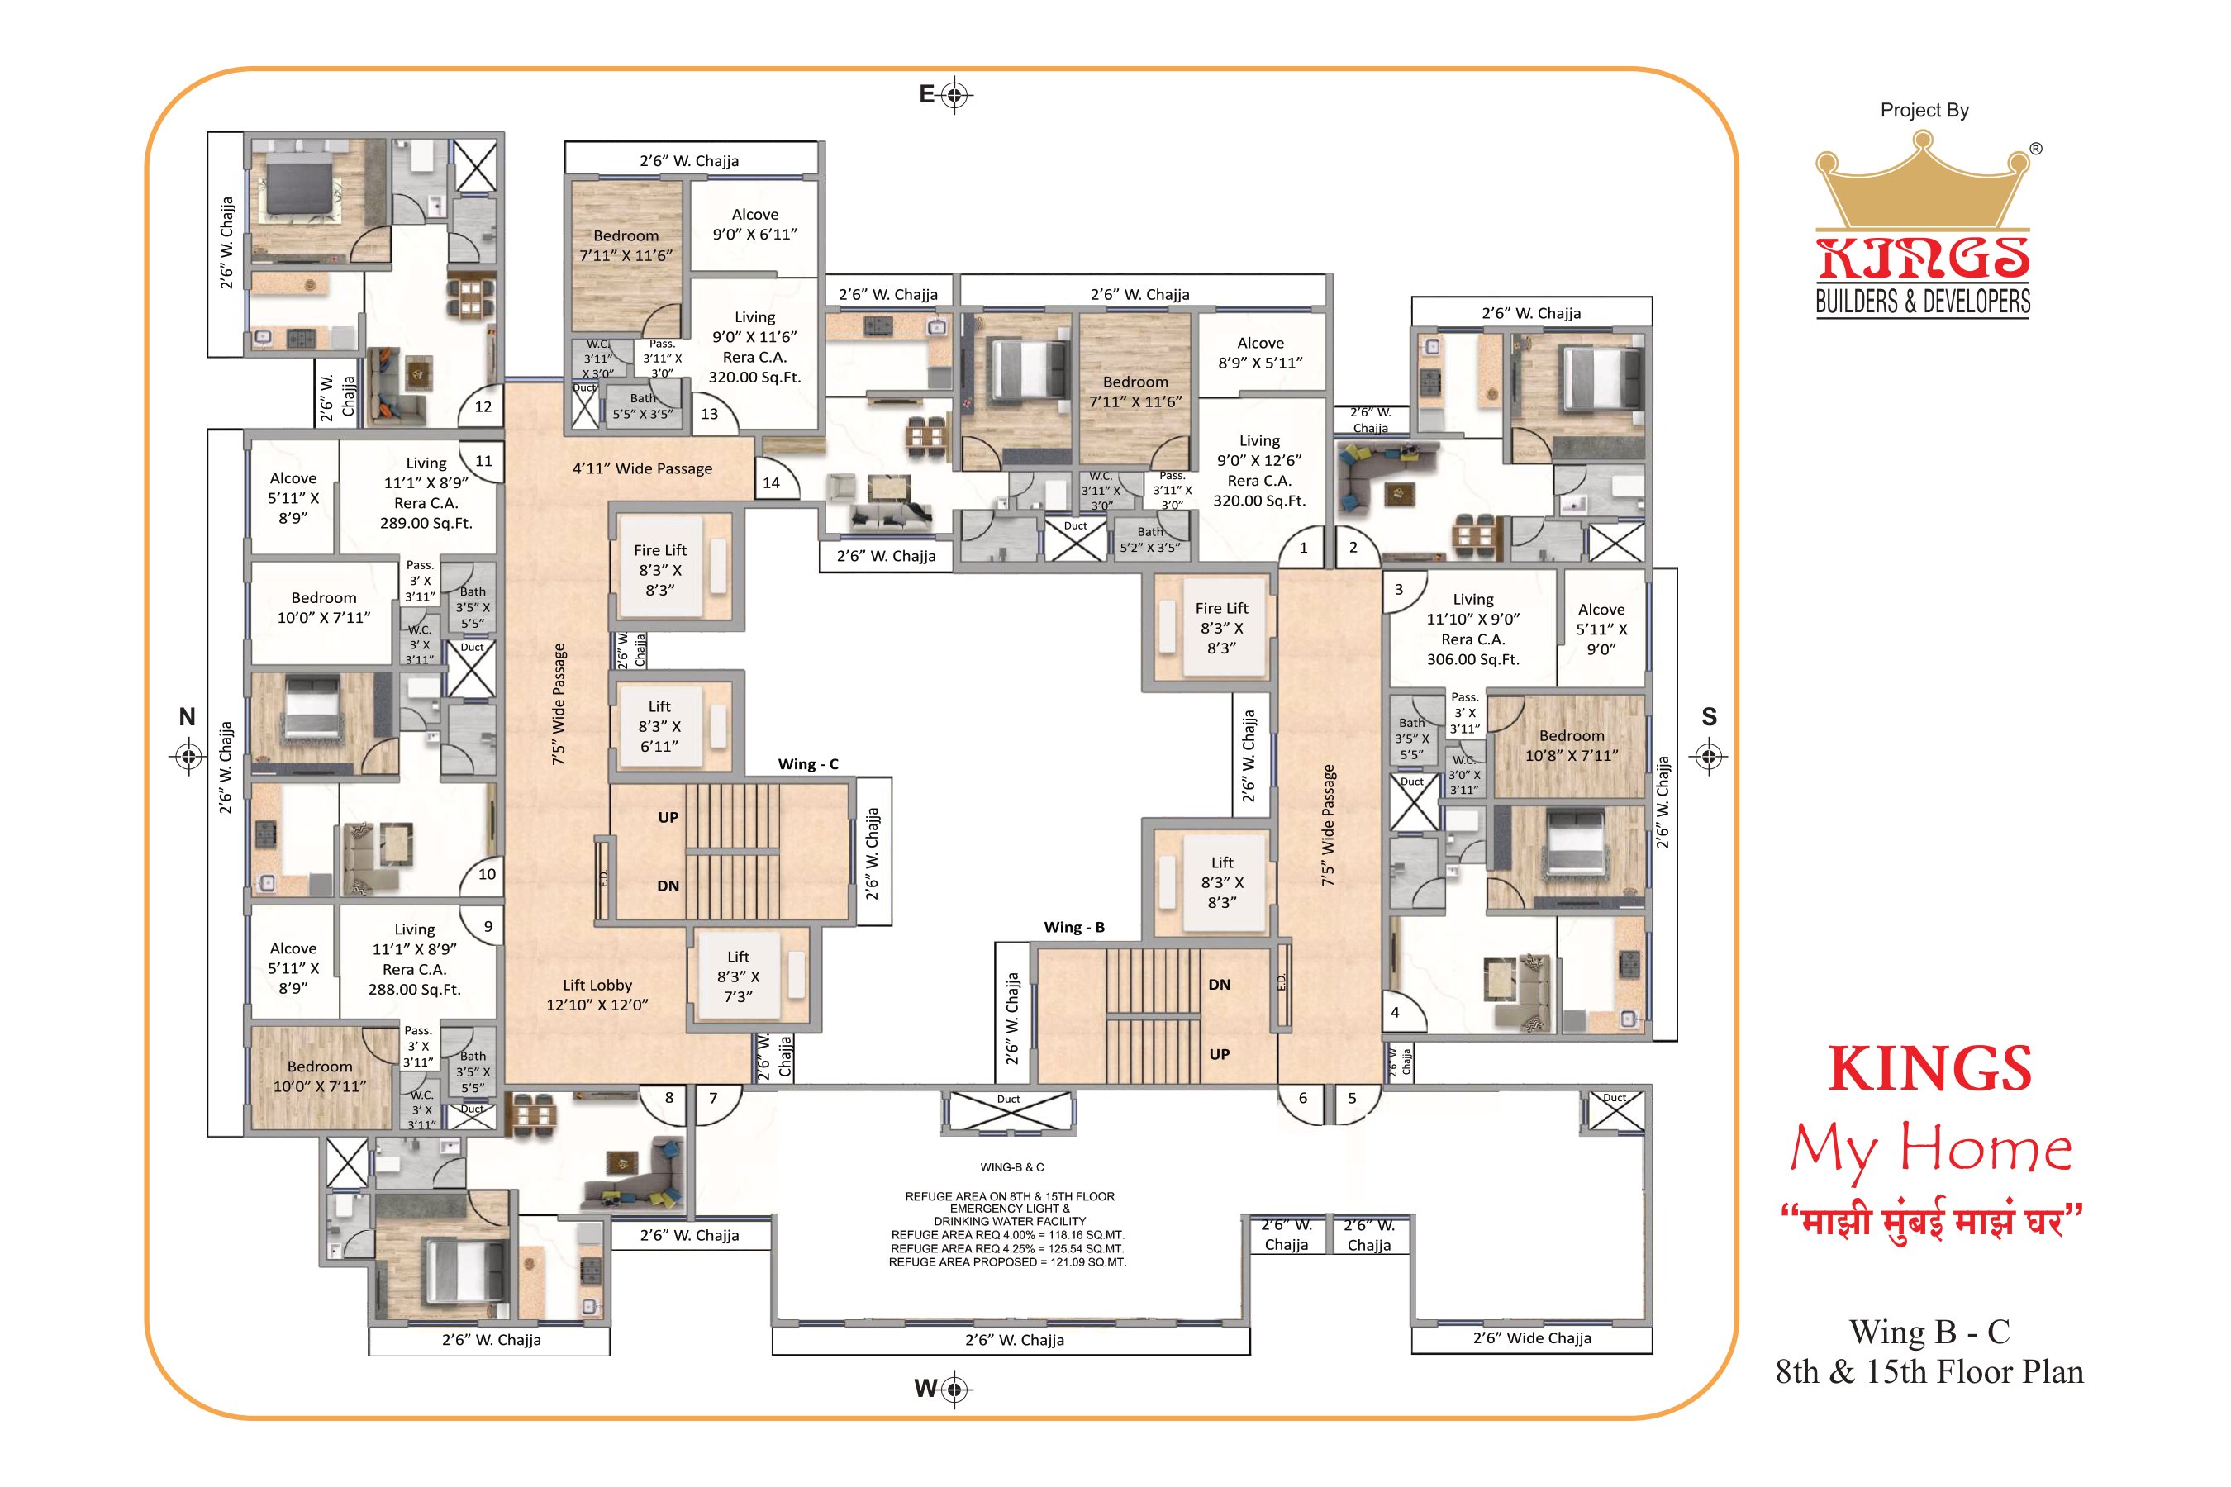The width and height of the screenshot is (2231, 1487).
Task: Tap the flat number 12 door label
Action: coord(483,406)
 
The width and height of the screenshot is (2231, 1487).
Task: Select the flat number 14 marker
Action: coord(771,482)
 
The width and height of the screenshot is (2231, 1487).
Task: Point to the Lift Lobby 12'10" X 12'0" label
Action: coord(597,995)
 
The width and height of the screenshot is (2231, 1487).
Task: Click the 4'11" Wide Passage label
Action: coord(642,468)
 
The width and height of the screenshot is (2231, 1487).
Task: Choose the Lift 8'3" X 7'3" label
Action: coord(738,976)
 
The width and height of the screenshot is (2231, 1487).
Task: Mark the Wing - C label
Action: coord(808,764)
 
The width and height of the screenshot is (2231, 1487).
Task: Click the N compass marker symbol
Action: coord(188,757)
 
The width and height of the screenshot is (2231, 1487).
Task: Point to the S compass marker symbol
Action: coord(1710,757)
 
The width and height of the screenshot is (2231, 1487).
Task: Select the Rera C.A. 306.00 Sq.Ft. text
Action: coord(1473,649)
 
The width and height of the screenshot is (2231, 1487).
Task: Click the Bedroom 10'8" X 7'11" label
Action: coord(1572,745)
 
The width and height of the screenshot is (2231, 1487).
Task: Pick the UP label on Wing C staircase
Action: coord(668,818)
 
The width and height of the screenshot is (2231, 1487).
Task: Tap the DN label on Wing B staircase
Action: coord(1219,985)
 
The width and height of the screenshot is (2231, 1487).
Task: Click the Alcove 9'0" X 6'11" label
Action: coord(755,225)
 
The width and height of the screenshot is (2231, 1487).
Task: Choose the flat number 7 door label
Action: coord(713,1098)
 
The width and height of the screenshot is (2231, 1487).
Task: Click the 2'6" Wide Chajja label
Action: coord(1532,1338)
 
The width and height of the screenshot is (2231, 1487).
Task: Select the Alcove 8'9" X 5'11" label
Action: coord(1261,353)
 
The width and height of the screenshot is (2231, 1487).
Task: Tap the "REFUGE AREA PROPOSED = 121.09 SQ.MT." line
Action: coord(1007,1262)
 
